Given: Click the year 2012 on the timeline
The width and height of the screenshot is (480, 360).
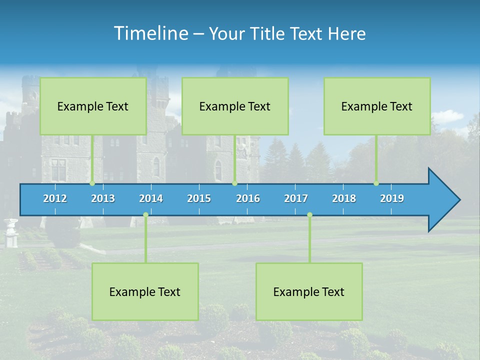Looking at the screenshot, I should [x=55, y=198].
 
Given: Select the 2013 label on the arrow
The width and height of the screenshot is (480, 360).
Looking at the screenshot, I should [x=103, y=198].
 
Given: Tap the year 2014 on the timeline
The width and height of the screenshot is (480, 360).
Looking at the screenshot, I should [x=151, y=198].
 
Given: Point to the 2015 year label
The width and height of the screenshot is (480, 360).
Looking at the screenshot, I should [x=199, y=198].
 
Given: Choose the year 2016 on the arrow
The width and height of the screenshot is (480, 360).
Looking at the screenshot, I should [x=248, y=198].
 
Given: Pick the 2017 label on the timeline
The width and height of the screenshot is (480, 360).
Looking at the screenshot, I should [x=296, y=198].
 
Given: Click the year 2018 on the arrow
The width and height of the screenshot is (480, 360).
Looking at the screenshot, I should [x=344, y=198].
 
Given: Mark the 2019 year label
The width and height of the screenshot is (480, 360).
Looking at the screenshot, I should [x=392, y=198].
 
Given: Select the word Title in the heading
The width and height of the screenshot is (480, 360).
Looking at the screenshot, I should [x=269, y=33].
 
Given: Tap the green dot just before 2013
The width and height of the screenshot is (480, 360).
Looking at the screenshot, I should [x=92, y=183].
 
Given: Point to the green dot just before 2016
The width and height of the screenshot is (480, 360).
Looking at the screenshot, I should [x=234, y=183].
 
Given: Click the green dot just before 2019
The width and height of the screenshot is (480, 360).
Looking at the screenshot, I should [x=376, y=183].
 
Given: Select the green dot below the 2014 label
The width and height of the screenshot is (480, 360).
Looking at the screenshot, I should [x=145, y=215].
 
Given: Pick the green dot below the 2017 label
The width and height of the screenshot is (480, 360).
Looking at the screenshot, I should [x=309, y=215].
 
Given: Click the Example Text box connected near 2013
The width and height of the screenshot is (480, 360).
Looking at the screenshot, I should [x=93, y=106].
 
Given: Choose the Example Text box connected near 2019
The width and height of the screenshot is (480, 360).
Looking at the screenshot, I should [x=377, y=106].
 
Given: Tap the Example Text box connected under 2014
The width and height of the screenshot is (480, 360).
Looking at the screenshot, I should [x=145, y=291].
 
